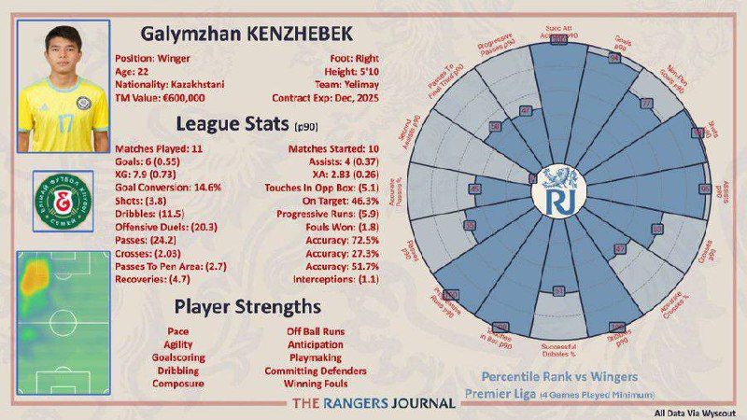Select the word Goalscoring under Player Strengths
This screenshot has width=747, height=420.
[176, 357]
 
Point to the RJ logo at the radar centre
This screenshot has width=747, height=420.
[557, 194]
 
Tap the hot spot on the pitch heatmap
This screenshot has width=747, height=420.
[35, 274]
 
